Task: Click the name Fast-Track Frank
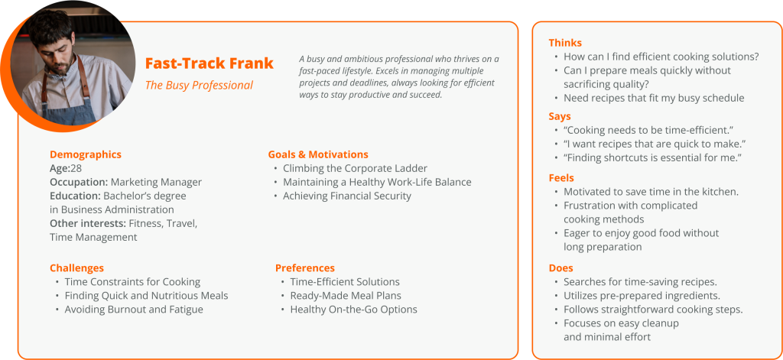(210, 64)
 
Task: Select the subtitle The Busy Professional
(199, 86)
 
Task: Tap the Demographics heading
(86, 155)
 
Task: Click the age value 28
(76, 168)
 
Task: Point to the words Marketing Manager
(156, 182)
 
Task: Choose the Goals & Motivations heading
(318, 155)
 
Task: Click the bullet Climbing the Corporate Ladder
(355, 168)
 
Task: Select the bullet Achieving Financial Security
(347, 196)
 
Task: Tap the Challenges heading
(77, 268)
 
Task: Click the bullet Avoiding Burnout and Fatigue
(134, 310)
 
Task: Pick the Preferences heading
(305, 268)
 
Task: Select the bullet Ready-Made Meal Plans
(346, 296)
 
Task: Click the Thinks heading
(565, 43)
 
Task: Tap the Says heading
(560, 116)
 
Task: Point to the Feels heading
(561, 178)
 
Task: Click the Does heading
(560, 268)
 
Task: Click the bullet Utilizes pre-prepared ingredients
(642, 296)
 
